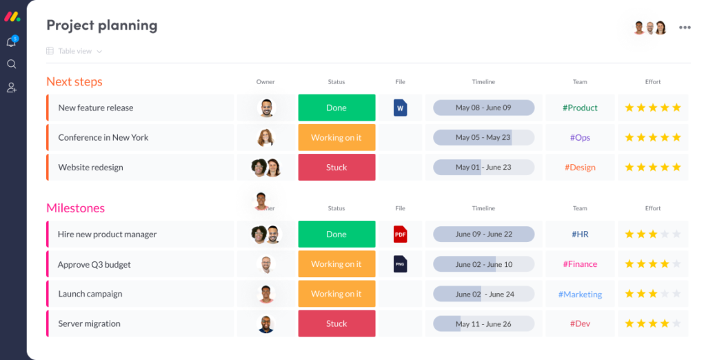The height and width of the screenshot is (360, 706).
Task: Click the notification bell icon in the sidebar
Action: pyautogui.click(x=11, y=42)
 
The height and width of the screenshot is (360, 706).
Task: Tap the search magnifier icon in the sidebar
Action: pyautogui.click(x=11, y=64)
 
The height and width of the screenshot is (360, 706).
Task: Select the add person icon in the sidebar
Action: pyautogui.click(x=11, y=88)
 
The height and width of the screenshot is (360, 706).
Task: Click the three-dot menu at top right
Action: pyautogui.click(x=685, y=28)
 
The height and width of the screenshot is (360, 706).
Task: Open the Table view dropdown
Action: pyautogui.click(x=75, y=51)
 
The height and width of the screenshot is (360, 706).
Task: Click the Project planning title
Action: pyautogui.click(x=102, y=26)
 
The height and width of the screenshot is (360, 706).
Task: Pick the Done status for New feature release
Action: pyautogui.click(x=336, y=108)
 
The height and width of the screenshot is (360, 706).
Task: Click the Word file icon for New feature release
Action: pyautogui.click(x=401, y=108)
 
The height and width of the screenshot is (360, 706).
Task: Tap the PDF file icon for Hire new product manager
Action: pyautogui.click(x=401, y=234)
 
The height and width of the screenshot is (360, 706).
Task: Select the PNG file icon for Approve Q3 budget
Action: pyautogui.click(x=401, y=264)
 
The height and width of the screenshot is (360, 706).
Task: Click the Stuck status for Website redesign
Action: pyautogui.click(x=336, y=168)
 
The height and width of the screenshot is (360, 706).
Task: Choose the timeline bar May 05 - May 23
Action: pyautogui.click(x=483, y=137)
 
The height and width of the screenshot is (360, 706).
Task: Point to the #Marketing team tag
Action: pyautogui.click(x=580, y=294)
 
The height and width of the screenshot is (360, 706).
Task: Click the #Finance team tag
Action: pyautogui.click(x=580, y=264)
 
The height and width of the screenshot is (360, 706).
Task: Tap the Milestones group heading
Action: pyautogui.click(x=76, y=208)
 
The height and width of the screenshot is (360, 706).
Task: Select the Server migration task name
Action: pyautogui.click(x=89, y=323)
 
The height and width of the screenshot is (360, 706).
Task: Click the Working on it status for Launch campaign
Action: pyautogui.click(x=336, y=294)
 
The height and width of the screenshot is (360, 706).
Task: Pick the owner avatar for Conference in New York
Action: pyautogui.click(x=265, y=137)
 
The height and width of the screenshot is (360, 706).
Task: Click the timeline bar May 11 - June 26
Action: pyautogui.click(x=483, y=323)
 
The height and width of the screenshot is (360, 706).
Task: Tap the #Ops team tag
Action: pyautogui.click(x=580, y=137)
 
